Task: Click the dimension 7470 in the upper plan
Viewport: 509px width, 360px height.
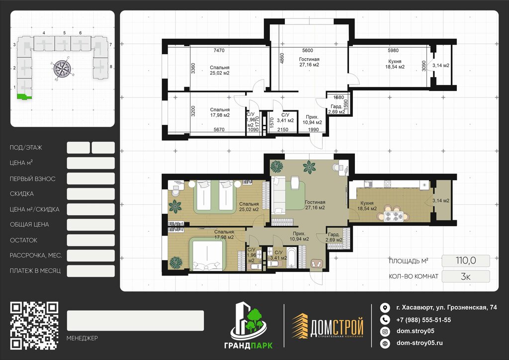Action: (x=219, y=50)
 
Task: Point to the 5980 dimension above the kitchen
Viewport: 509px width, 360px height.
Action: (x=393, y=50)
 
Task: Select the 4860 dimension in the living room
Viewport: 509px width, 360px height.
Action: (x=282, y=58)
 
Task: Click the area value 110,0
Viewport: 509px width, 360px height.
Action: (x=466, y=261)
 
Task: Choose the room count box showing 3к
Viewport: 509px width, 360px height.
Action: (x=466, y=276)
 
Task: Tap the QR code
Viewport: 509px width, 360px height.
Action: (x=34, y=326)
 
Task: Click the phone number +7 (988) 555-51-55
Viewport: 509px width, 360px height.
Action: (x=424, y=320)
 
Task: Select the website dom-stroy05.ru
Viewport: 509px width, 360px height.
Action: (x=420, y=343)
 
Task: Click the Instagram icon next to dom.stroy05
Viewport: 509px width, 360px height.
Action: (x=385, y=332)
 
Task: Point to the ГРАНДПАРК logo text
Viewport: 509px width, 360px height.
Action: (x=249, y=346)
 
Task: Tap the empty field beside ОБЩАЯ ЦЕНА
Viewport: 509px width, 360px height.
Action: (x=90, y=225)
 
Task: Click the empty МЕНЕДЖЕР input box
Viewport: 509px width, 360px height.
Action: (x=135, y=320)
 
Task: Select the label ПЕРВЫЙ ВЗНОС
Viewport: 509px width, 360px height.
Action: (x=32, y=179)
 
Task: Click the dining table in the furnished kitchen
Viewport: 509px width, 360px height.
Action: (x=394, y=216)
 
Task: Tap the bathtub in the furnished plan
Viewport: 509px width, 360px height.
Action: (x=291, y=258)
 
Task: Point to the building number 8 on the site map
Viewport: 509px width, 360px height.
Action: (x=111, y=67)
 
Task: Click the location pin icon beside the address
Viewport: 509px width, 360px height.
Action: (x=385, y=308)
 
